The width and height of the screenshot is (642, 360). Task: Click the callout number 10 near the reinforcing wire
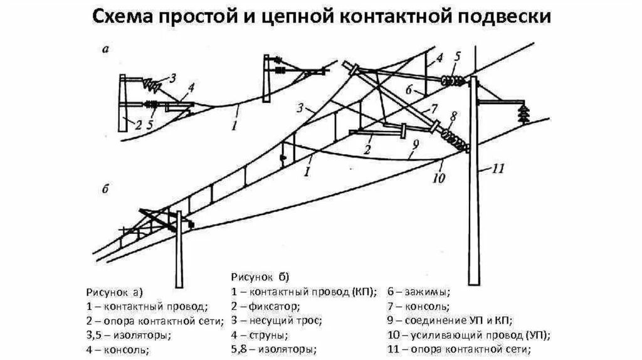(x=438, y=177)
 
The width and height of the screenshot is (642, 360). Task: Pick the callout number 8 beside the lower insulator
(x=453, y=116)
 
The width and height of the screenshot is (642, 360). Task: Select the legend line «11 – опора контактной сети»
(x=459, y=349)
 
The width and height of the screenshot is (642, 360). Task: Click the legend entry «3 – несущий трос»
(x=276, y=320)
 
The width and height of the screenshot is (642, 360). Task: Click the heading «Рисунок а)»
(x=114, y=292)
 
